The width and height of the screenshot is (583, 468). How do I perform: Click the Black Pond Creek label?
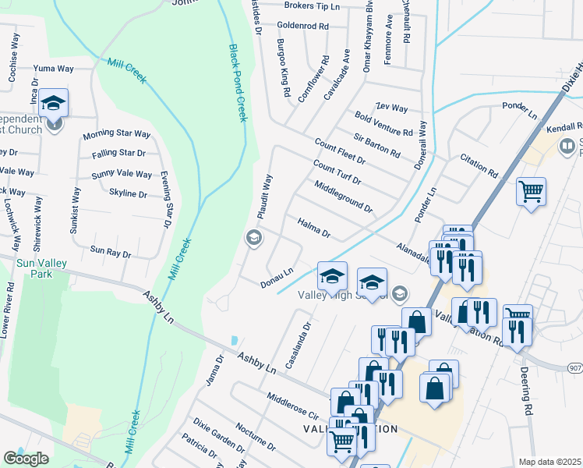tap(238, 83)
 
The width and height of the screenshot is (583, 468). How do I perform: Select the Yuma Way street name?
tap(53, 69)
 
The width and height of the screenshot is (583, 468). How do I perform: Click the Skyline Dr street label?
tap(128, 193)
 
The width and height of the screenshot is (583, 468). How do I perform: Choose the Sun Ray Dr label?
tap(111, 251)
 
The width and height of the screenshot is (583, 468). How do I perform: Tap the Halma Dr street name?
tap(314, 229)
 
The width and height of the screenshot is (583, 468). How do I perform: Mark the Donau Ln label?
tap(277, 277)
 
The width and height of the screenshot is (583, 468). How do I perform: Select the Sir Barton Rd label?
tap(376, 144)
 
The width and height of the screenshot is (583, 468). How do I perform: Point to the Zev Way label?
tap(391, 108)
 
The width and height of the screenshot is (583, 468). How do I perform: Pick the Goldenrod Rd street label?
tap(303, 26)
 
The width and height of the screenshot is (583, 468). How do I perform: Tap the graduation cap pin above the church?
tap(53, 102)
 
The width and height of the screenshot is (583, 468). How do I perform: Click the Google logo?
tap(26, 459)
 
